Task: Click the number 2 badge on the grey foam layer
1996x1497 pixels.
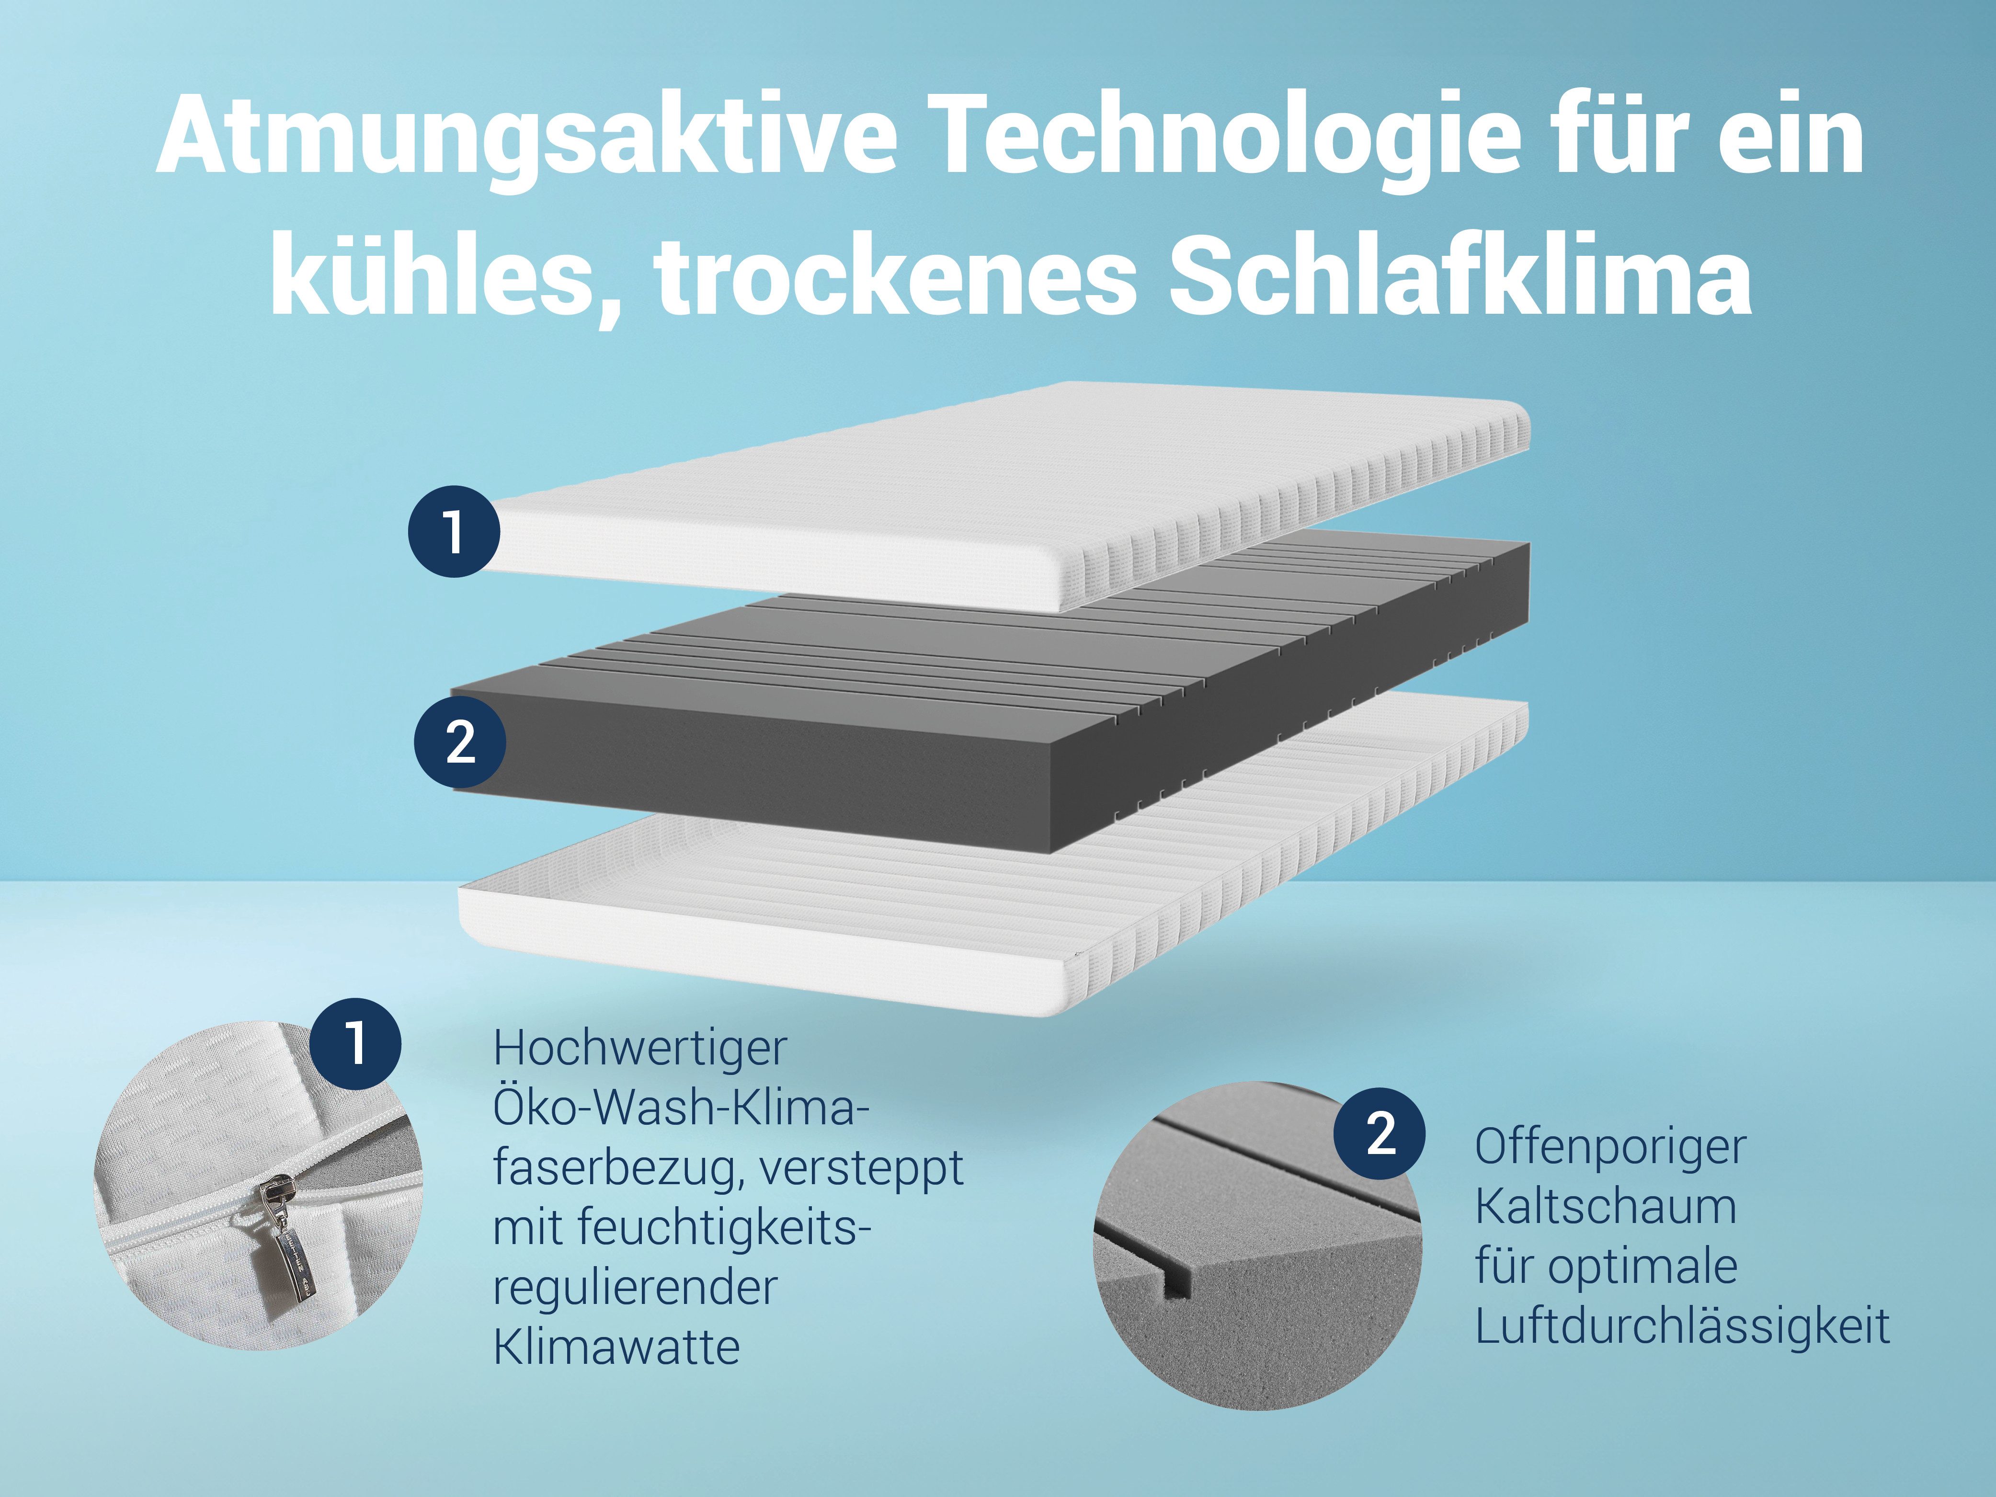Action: pyautogui.click(x=459, y=743)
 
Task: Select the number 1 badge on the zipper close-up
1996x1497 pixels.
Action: pyautogui.click(x=355, y=1043)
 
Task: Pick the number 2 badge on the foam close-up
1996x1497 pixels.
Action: pyautogui.click(x=1380, y=1133)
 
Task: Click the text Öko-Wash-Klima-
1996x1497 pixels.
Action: pyautogui.click(x=681, y=1108)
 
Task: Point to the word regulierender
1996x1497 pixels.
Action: pyautogui.click(x=634, y=1288)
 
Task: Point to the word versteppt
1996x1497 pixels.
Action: pyautogui.click(x=862, y=1168)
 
